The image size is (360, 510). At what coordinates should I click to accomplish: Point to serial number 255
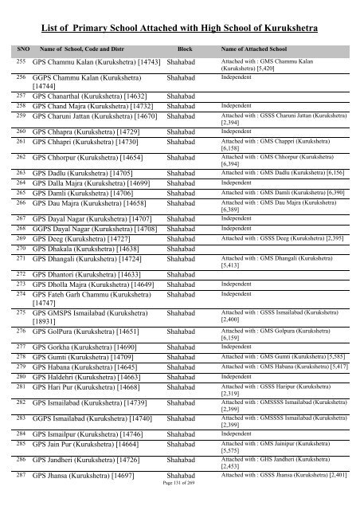coord(22,61)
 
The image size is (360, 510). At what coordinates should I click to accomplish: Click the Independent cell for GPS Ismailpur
coord(237,434)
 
